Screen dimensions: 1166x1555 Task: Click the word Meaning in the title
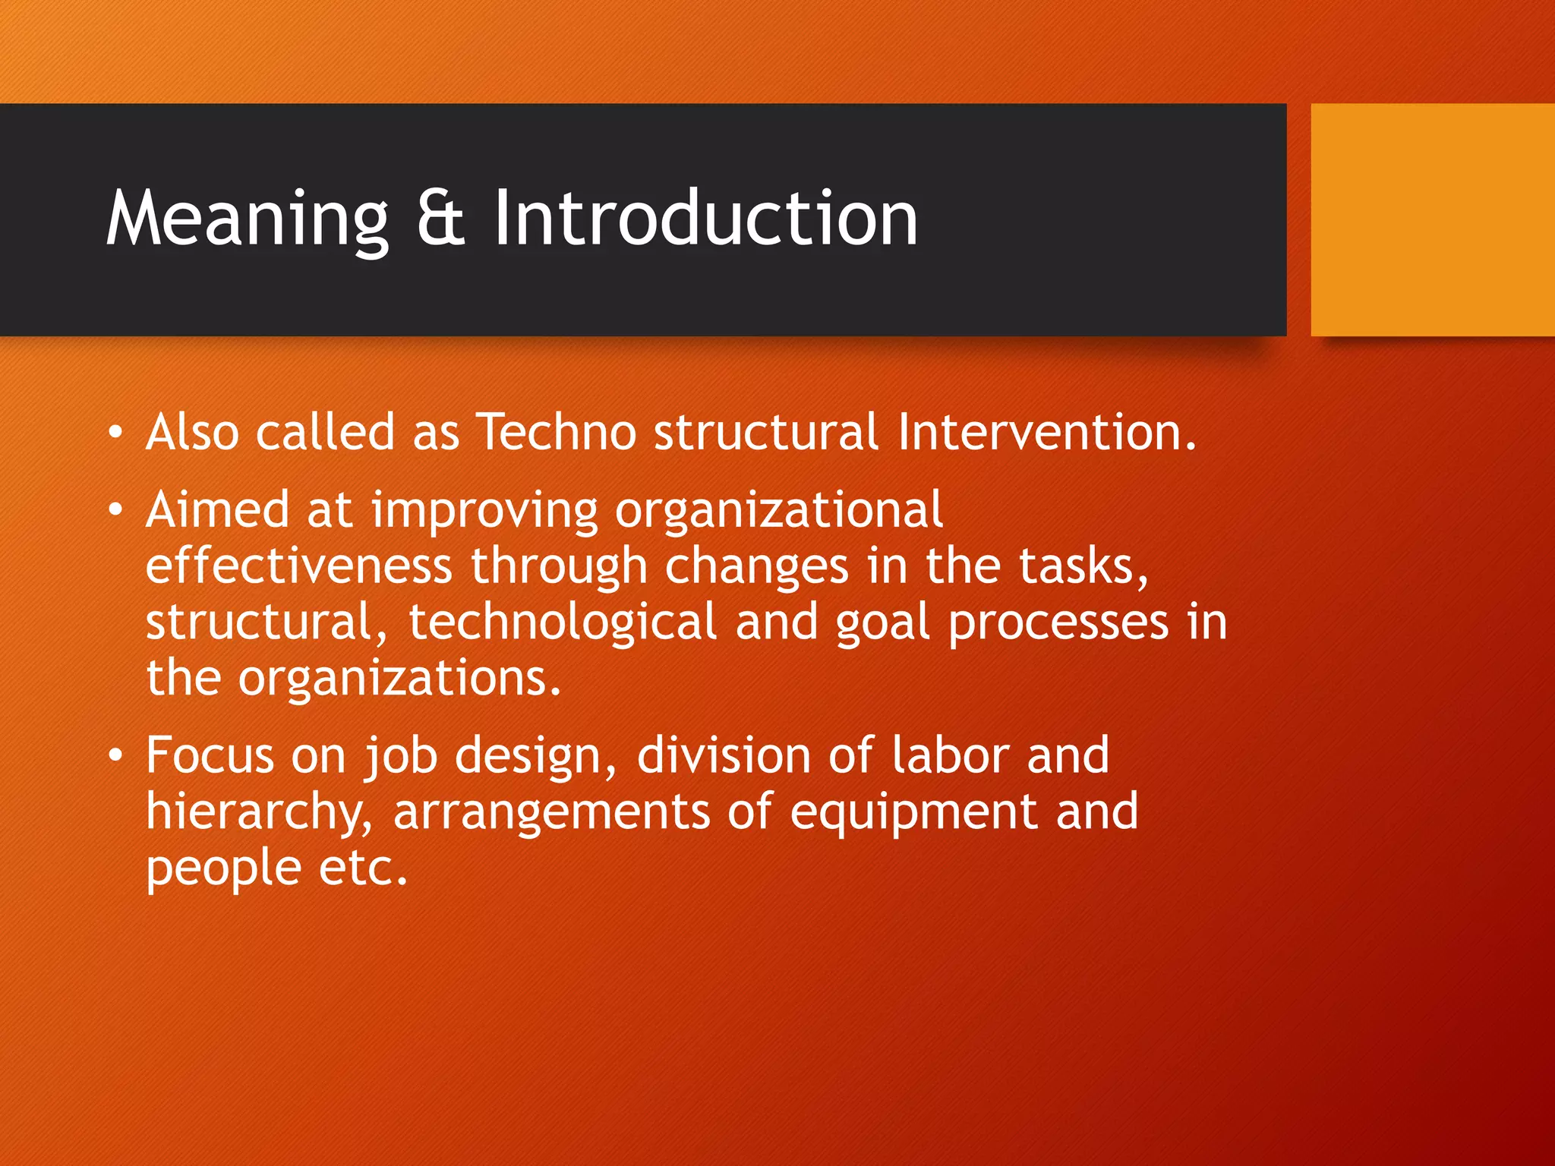248,220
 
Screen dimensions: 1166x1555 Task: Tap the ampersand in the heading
440,220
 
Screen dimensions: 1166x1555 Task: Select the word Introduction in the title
706,220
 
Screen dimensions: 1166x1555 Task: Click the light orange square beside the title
1432,220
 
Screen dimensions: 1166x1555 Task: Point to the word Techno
556,433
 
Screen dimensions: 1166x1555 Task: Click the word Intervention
1046,433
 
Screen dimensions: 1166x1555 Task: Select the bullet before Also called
115,433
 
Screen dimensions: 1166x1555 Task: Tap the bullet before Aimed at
115,511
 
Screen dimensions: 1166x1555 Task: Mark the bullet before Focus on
115,756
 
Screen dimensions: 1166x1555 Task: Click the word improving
484,512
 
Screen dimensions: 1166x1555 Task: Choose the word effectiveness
299,566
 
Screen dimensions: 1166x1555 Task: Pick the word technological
563,622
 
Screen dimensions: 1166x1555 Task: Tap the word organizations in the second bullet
399,679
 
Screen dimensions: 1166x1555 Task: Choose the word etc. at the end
363,868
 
